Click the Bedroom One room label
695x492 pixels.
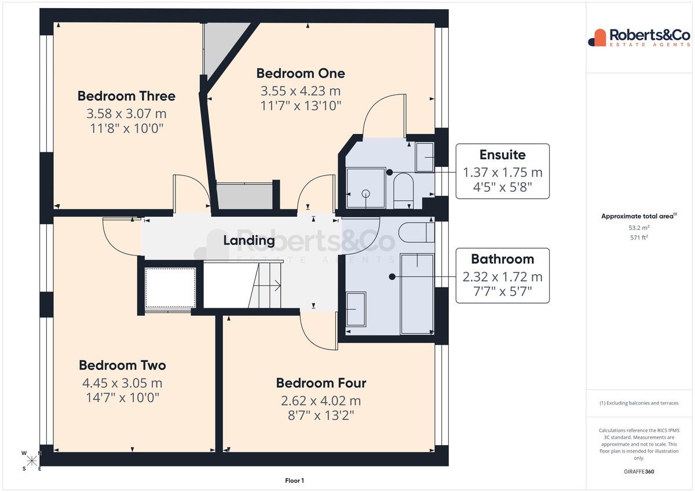tap(301, 74)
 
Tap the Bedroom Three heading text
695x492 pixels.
tap(126, 96)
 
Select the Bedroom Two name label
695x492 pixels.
tap(122, 365)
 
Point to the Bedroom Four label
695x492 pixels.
tap(321, 383)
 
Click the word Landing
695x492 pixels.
tap(249, 240)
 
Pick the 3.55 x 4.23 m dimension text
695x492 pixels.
tap(301, 91)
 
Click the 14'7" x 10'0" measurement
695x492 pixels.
tap(122, 398)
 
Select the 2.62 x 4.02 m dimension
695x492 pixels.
tap(321, 401)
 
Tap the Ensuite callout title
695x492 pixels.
tap(502, 155)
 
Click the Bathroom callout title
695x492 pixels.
tap(502, 259)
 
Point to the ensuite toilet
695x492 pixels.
tap(403, 191)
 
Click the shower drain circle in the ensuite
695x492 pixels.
tap(366, 194)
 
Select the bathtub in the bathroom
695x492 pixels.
tap(417, 294)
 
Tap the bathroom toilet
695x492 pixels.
tap(416, 232)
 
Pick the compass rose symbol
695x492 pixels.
tap(31, 461)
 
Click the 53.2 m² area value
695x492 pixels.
tap(639, 228)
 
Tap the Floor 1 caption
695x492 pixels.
tap(294, 480)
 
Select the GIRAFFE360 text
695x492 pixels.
tap(639, 472)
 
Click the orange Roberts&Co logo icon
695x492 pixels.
tap(597, 38)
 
